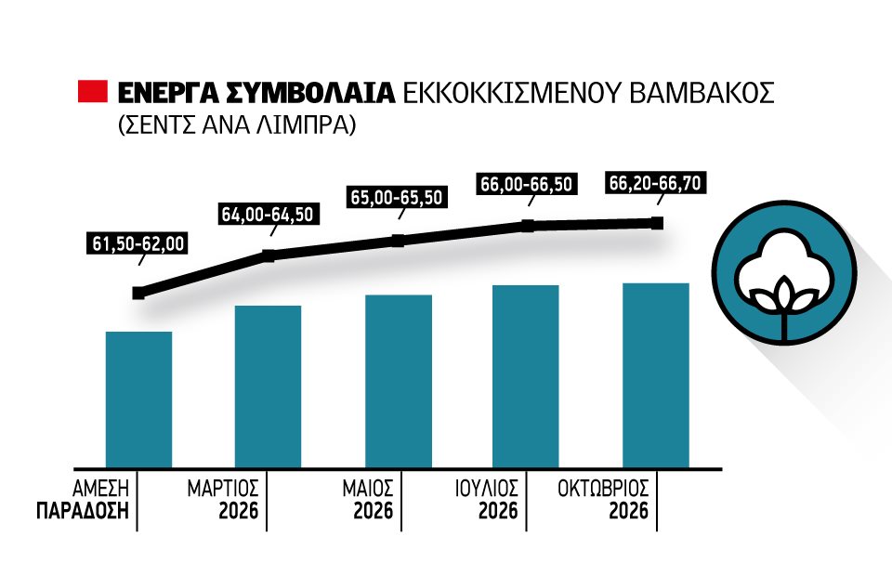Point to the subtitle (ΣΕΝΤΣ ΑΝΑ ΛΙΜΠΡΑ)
[237, 126]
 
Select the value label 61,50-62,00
[139, 245]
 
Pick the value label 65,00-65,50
[398, 198]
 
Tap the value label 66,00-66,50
[527, 184]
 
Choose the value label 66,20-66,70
[656, 183]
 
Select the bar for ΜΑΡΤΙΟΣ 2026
[268, 386]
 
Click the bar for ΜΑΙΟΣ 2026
[398, 381]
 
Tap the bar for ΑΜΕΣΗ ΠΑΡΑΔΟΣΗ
[138, 399]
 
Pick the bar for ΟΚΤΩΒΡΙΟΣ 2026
[656, 374]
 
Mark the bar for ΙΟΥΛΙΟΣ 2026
[526, 375]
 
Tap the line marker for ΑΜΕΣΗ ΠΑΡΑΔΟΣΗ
[138, 293]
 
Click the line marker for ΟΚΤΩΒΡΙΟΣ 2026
[657, 223]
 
